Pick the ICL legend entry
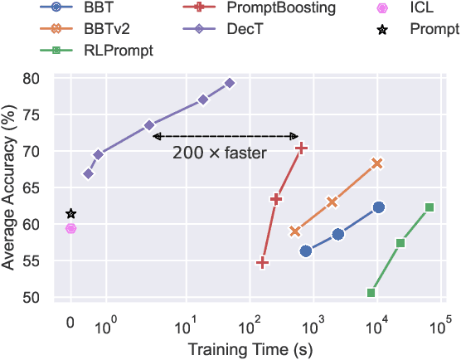point(421,7)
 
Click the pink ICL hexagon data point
point(71,228)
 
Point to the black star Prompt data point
point(71,214)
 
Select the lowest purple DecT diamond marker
point(89,173)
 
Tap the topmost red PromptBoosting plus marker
point(302,148)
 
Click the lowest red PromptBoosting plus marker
point(263,263)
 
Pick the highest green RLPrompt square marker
point(429,207)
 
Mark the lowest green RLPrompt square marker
point(371,293)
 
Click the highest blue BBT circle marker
point(379,207)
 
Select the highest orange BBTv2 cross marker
point(377,163)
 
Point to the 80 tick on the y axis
point(46,79)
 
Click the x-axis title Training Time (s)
point(248,349)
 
